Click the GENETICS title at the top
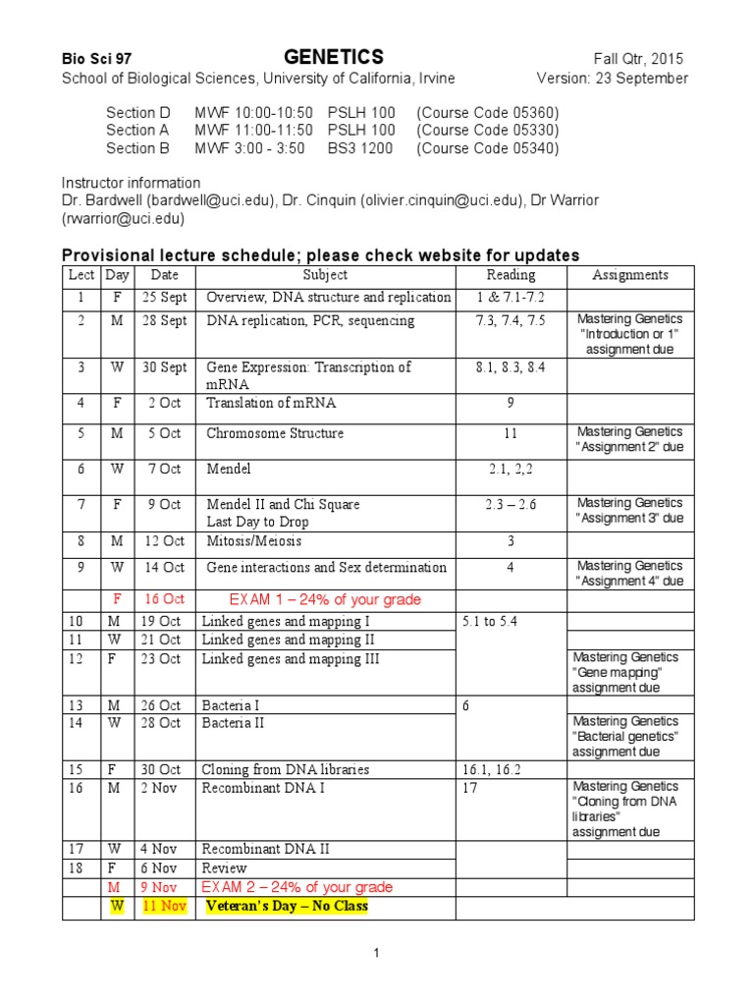click(x=334, y=57)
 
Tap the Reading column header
click(x=511, y=275)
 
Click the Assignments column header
click(x=630, y=275)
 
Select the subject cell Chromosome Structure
click(x=275, y=433)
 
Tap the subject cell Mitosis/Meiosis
click(x=254, y=541)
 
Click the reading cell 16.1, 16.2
click(x=494, y=769)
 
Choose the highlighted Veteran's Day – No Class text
click(x=286, y=906)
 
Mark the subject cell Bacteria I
click(x=232, y=705)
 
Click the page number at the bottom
click(x=376, y=953)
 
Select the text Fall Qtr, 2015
click(x=638, y=59)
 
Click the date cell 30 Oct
click(x=159, y=769)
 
